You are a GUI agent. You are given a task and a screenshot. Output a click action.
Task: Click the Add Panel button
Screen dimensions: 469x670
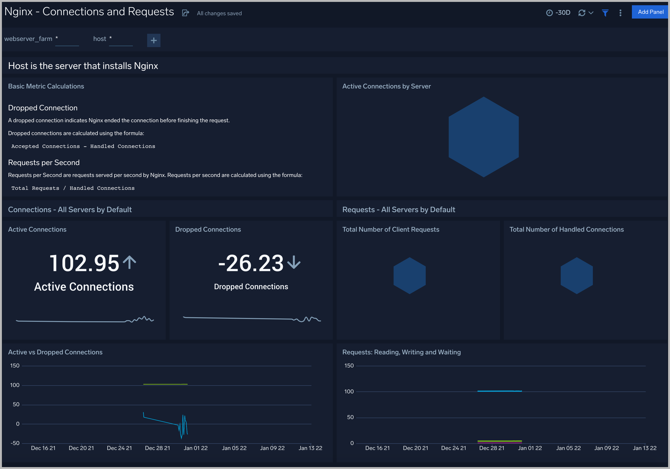[650, 12]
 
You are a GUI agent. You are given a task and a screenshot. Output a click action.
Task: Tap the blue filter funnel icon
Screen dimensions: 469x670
[605, 13]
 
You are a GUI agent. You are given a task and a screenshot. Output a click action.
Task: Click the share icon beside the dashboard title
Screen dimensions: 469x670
[185, 13]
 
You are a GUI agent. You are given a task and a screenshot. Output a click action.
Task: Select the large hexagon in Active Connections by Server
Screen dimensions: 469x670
[483, 137]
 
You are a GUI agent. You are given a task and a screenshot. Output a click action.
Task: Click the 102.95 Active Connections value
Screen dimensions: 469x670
[84, 263]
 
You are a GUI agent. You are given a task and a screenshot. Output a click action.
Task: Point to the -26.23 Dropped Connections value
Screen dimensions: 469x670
[251, 263]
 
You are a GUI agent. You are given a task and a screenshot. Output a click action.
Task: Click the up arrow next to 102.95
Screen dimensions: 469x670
[129, 262]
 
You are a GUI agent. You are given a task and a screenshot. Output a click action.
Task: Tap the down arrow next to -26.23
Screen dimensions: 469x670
[294, 262]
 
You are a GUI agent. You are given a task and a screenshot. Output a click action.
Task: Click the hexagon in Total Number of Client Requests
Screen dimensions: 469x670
[410, 275]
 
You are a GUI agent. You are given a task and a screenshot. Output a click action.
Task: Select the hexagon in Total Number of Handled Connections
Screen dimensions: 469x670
[576, 275]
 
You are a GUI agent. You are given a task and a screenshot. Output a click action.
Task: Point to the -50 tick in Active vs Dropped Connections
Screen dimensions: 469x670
[15, 443]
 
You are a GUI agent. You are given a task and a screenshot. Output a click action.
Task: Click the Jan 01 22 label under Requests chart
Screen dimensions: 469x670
[530, 448]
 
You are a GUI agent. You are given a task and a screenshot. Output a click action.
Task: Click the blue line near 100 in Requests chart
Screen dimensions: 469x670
[499, 391]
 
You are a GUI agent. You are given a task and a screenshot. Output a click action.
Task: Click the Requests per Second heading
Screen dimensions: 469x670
[44, 162]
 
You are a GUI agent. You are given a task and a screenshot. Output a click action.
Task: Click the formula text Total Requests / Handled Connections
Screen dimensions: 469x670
[73, 188]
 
